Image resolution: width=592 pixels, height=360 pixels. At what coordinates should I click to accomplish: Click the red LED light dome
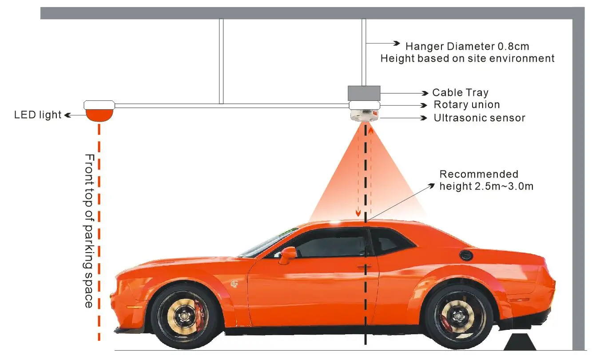[x=99, y=116]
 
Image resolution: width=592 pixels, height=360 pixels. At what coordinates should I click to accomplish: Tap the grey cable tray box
[x=364, y=93]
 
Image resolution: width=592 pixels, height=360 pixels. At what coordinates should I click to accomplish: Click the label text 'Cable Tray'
[x=460, y=93]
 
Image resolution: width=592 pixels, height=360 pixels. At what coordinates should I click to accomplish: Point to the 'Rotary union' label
[x=467, y=105]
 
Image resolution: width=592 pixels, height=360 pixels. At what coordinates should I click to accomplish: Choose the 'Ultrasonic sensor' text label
[x=479, y=118]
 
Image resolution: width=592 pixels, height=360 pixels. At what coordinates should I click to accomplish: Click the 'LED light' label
[x=38, y=115]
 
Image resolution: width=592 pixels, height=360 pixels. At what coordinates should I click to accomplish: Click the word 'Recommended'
[x=479, y=174]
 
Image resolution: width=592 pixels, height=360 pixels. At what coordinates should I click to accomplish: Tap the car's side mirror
[x=288, y=255]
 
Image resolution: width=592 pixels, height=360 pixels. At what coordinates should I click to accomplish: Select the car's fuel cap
[x=466, y=256]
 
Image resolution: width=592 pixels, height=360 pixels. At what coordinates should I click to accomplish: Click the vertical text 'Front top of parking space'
[x=89, y=231]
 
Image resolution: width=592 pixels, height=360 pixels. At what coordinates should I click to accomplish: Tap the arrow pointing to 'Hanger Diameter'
[x=383, y=44]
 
